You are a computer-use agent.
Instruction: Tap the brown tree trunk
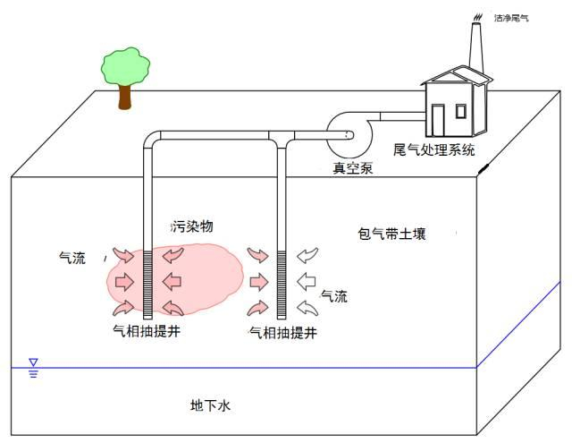point(124,96)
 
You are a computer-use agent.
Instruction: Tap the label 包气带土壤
point(391,234)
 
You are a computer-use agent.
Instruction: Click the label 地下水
point(211,405)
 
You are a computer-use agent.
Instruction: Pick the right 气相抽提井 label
point(282,333)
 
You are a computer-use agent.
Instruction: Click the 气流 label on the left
point(72,258)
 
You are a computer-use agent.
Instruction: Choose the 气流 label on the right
point(334,295)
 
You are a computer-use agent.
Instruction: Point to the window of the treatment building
point(460,111)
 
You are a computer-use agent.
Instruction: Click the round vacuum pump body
point(344,134)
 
